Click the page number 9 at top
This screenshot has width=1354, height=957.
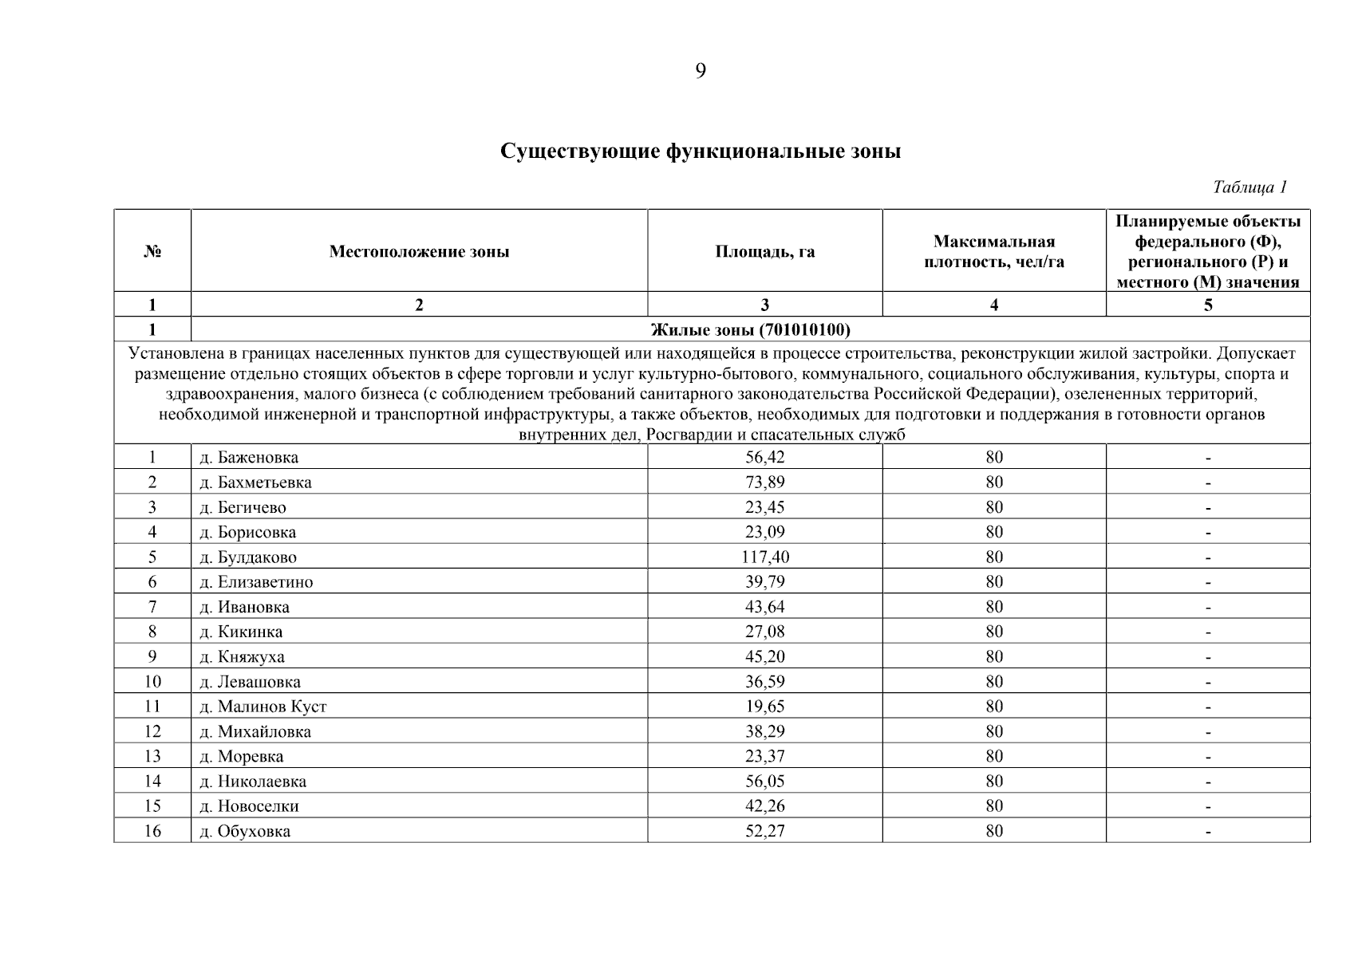700,72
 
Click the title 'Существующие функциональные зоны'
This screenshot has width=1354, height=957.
700,151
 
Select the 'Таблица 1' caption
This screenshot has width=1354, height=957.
1249,187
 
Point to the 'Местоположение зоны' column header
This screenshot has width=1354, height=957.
419,252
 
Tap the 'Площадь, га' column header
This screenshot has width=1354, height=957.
764,252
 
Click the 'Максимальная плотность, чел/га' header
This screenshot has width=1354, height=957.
993,252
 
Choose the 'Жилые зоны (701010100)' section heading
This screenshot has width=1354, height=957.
750,329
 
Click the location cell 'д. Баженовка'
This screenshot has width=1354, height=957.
249,458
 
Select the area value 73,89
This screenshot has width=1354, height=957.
764,482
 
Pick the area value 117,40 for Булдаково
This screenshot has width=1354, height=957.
764,557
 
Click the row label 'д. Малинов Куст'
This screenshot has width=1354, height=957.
263,707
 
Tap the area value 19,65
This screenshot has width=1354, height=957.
764,707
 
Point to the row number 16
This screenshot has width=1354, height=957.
152,831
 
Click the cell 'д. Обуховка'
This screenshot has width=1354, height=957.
245,831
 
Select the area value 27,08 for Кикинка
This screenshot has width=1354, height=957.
764,632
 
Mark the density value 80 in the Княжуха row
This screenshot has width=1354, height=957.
993,656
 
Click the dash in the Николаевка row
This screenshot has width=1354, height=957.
1208,782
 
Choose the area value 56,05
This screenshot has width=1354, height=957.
764,782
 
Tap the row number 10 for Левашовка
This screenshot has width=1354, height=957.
152,682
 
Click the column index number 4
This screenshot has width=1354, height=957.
993,305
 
